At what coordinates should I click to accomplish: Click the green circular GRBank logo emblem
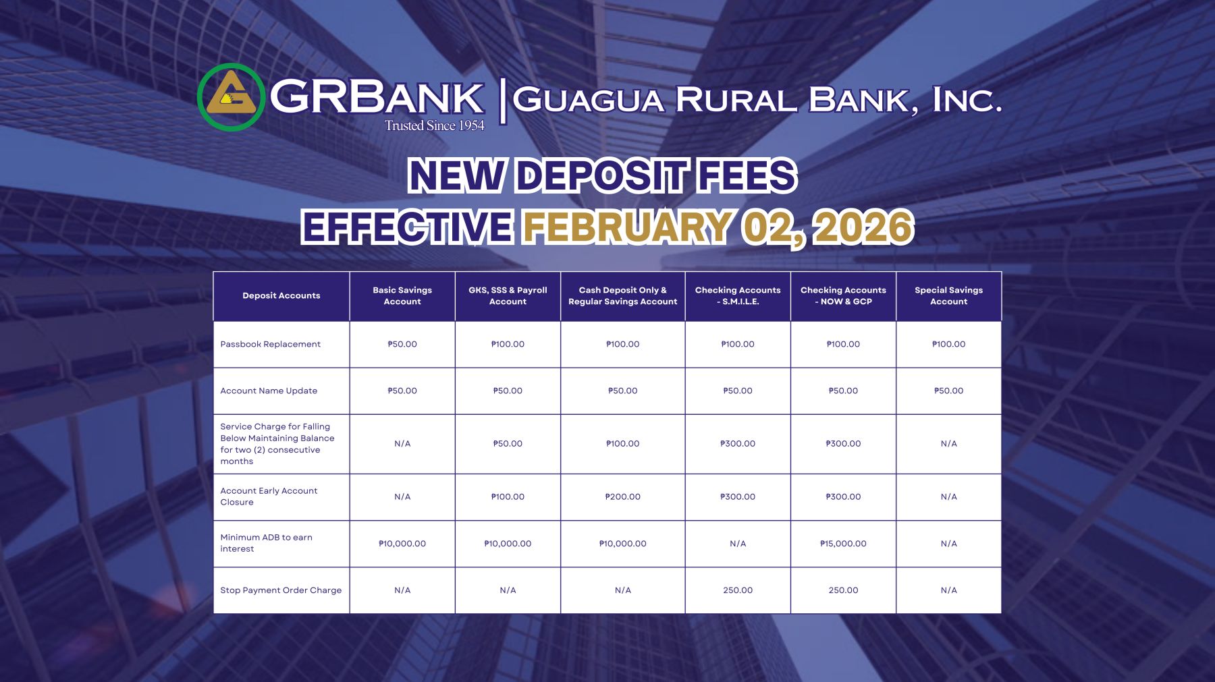[x=231, y=97]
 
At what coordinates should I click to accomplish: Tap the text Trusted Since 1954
[x=435, y=125]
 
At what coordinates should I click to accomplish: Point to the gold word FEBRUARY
[x=628, y=227]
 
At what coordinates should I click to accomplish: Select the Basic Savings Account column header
[x=402, y=296]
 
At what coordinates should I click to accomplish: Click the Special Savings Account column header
[x=948, y=296]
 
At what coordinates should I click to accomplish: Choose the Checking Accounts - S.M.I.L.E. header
[x=738, y=296]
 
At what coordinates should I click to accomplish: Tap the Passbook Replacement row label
[x=270, y=344]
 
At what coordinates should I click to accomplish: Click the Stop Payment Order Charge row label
[x=281, y=590]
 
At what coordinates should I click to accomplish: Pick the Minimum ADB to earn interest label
[x=266, y=543]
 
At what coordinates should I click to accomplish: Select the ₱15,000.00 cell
[x=843, y=544]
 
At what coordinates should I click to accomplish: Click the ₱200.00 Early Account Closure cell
[x=622, y=497]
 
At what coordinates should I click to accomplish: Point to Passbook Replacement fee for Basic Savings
[x=402, y=344]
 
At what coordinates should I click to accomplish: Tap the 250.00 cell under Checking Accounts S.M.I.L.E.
[x=738, y=590]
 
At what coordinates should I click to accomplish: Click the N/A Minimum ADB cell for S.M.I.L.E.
[x=738, y=544]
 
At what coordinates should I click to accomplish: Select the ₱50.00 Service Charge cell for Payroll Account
[x=508, y=444]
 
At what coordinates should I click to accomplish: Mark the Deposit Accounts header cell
[x=281, y=295]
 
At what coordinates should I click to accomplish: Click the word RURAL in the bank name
[x=736, y=101]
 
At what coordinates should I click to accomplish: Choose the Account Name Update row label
[x=269, y=391]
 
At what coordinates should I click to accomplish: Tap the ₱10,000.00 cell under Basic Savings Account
[x=402, y=544]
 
